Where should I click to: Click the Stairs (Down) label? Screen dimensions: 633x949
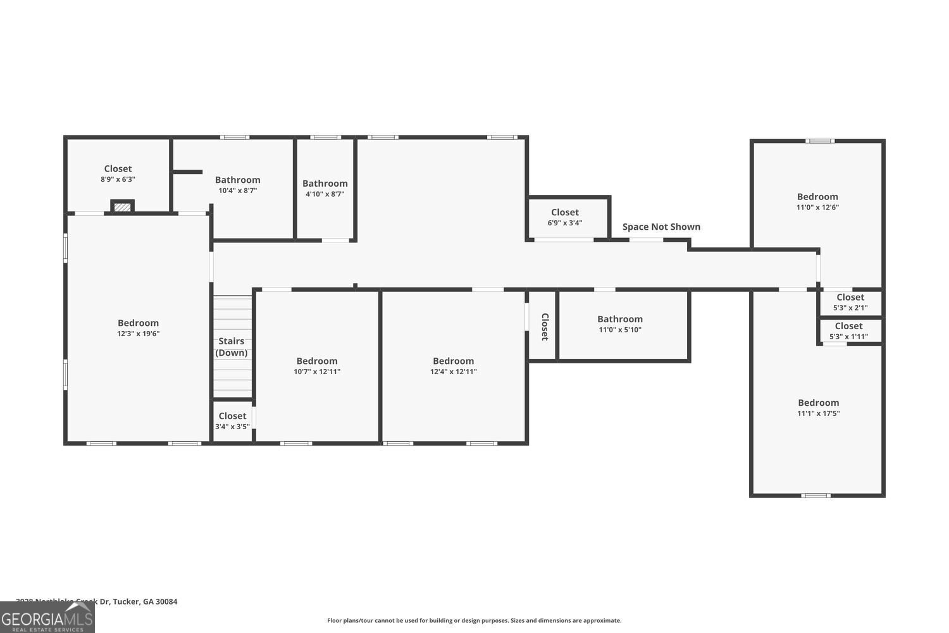[232, 347]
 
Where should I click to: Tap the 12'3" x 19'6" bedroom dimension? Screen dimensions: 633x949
[138, 334]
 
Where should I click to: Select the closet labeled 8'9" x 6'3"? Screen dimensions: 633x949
[118, 173]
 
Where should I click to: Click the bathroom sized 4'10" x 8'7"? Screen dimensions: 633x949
[325, 189]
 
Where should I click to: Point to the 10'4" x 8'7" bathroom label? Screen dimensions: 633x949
[237, 185]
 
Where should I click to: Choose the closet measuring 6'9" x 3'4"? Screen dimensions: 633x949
[564, 217]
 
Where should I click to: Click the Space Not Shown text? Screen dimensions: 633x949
[661, 227]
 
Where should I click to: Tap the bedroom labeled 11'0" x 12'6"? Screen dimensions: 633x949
[817, 201]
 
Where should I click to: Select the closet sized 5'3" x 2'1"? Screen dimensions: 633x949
[850, 302]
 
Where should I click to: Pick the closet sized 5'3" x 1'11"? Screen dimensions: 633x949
[848, 331]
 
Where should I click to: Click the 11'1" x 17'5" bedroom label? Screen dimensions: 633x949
[818, 408]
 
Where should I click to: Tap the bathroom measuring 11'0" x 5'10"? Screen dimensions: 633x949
[620, 324]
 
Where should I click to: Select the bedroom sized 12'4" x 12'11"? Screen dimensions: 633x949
[453, 366]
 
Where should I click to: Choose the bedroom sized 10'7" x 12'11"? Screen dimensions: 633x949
[317, 366]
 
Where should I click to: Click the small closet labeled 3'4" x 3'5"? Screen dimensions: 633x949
[232, 421]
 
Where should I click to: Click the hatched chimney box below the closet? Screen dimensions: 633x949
[122, 207]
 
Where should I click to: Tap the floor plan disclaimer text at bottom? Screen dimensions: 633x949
[474, 620]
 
